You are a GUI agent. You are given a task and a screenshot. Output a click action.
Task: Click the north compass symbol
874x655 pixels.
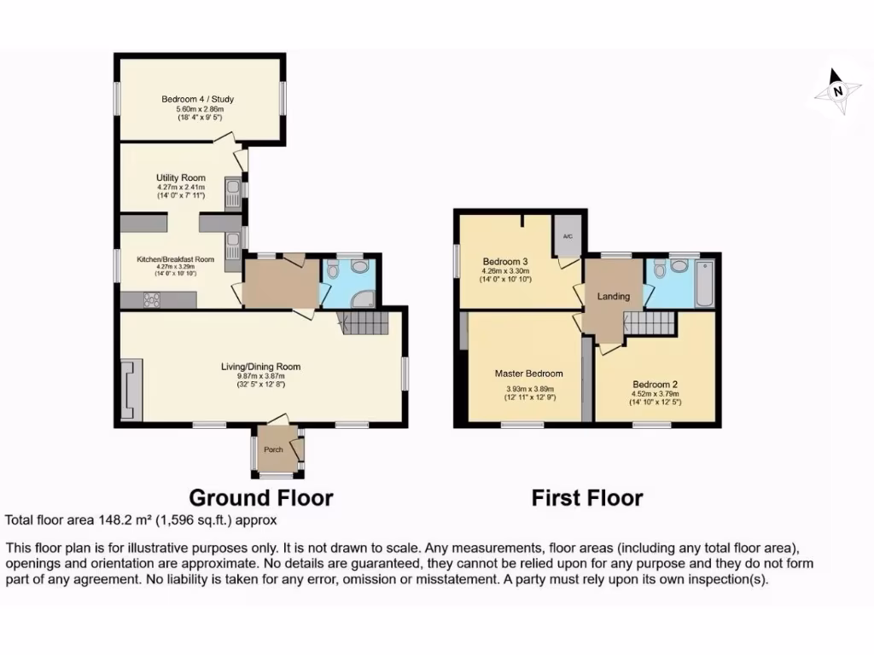[837, 92]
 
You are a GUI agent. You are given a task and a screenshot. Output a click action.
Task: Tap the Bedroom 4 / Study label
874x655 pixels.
[198, 99]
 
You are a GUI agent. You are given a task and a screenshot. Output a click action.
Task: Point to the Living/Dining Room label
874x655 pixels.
[261, 367]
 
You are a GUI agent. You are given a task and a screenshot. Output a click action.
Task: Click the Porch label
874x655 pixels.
[272, 450]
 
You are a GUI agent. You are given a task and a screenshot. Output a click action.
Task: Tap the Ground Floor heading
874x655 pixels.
[260, 497]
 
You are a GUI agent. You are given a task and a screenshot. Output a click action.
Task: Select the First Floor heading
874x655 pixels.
[587, 497]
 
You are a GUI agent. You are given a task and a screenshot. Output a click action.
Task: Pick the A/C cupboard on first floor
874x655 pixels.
[567, 236]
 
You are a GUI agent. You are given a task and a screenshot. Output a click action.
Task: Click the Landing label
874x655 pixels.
[614, 296]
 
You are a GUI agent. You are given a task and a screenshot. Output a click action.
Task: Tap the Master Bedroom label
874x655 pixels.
[529, 373]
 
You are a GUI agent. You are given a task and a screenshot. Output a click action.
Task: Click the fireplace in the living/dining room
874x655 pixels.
[129, 390]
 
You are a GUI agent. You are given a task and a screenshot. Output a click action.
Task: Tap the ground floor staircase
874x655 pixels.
[364, 323]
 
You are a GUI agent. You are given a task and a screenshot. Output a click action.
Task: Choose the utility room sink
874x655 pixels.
[233, 191]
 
